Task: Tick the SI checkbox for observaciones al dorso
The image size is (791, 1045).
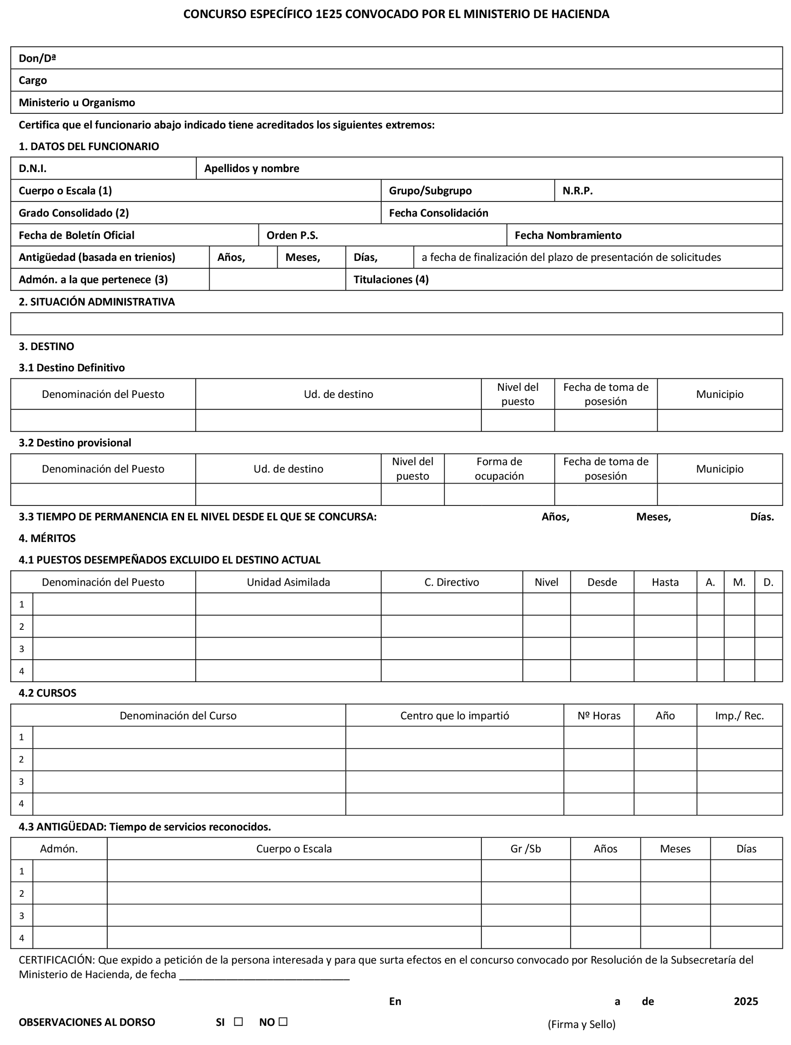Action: (x=238, y=1021)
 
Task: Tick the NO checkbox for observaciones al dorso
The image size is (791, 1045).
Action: (x=283, y=1021)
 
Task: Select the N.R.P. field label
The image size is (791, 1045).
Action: (x=578, y=191)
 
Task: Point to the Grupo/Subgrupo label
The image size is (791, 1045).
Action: (x=430, y=191)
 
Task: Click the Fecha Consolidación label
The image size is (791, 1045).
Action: (x=439, y=213)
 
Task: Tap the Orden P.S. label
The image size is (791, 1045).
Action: (x=292, y=235)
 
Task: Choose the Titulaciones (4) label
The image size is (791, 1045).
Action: (x=391, y=280)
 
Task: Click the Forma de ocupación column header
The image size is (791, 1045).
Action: (x=499, y=469)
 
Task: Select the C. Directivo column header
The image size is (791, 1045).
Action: (x=451, y=582)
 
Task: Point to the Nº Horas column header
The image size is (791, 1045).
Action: (x=599, y=716)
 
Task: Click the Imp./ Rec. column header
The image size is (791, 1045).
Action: (x=739, y=716)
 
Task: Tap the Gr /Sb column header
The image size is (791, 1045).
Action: (x=526, y=849)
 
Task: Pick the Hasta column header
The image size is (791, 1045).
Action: (x=665, y=582)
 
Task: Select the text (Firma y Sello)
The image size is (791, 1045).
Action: (x=581, y=1024)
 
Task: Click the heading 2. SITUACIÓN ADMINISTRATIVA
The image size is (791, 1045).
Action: (x=96, y=302)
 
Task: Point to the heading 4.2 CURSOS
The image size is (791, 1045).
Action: (x=47, y=693)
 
